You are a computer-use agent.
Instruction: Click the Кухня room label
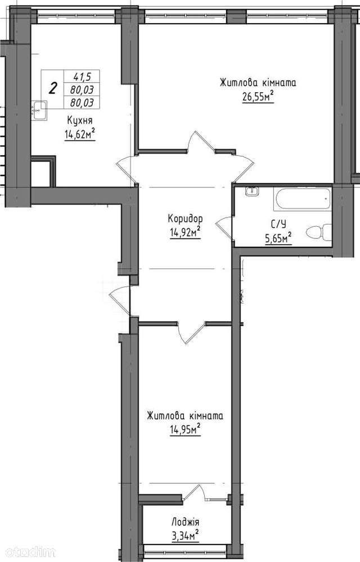pos(79,120)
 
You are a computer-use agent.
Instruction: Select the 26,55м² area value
pos(258,96)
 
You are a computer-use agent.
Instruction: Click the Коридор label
pos(185,218)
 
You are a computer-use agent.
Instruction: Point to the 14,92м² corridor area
pos(185,232)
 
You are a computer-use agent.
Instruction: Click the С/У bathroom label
pos(278,224)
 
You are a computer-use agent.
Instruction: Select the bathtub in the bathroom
pos(303,199)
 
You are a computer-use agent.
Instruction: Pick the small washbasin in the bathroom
pos(251,191)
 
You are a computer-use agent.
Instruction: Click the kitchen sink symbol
pos(39,110)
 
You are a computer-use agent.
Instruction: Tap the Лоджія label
pos(185,522)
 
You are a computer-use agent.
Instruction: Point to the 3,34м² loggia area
pos(185,536)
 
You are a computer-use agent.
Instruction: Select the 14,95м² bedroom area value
pos(185,429)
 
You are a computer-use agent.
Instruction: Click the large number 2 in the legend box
pos(53,88)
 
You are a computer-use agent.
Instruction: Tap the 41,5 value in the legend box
pos(82,77)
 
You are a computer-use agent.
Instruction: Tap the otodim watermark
pos(28,551)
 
